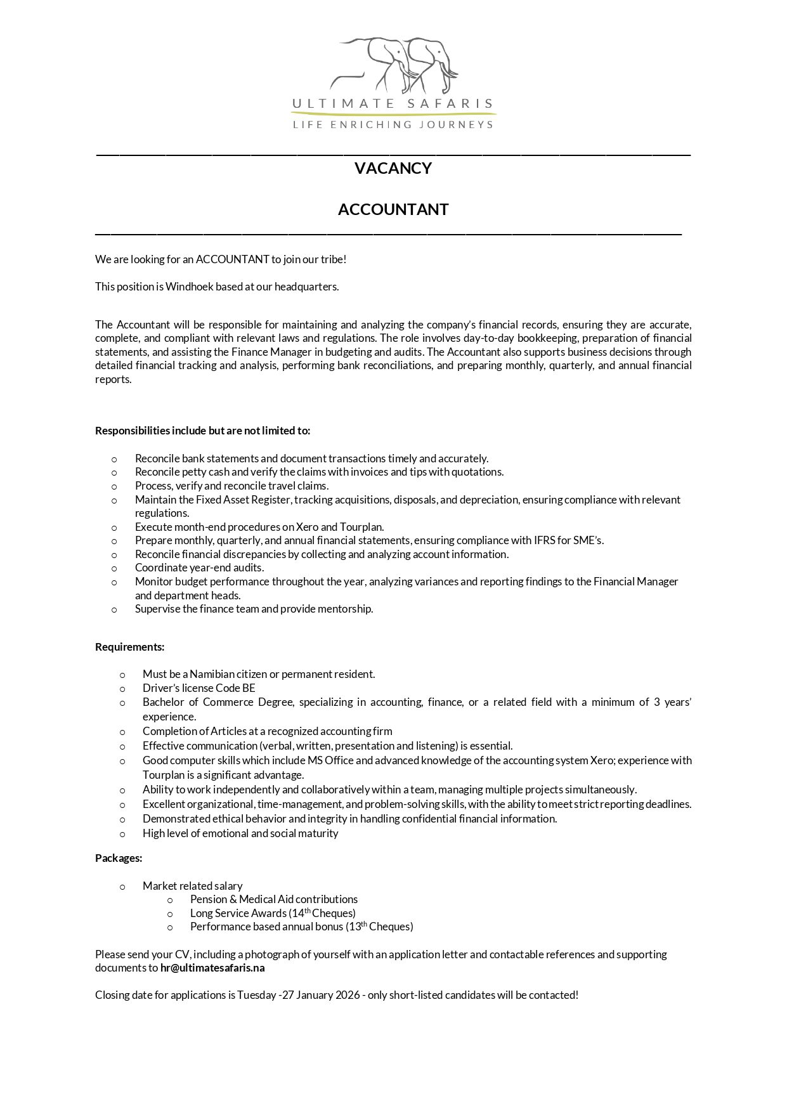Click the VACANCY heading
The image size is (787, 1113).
point(393,168)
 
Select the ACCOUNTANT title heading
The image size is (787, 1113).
point(393,209)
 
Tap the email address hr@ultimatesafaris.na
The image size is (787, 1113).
point(212,968)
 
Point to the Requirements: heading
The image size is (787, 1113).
point(129,647)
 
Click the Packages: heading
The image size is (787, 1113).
point(119,858)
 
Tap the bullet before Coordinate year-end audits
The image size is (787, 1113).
point(114,568)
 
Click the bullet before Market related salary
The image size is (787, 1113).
point(122,887)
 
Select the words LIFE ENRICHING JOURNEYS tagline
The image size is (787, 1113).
point(393,125)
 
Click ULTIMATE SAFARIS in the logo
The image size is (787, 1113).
point(393,103)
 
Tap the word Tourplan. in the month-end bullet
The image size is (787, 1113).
point(361,527)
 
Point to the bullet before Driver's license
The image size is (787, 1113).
point(122,689)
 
